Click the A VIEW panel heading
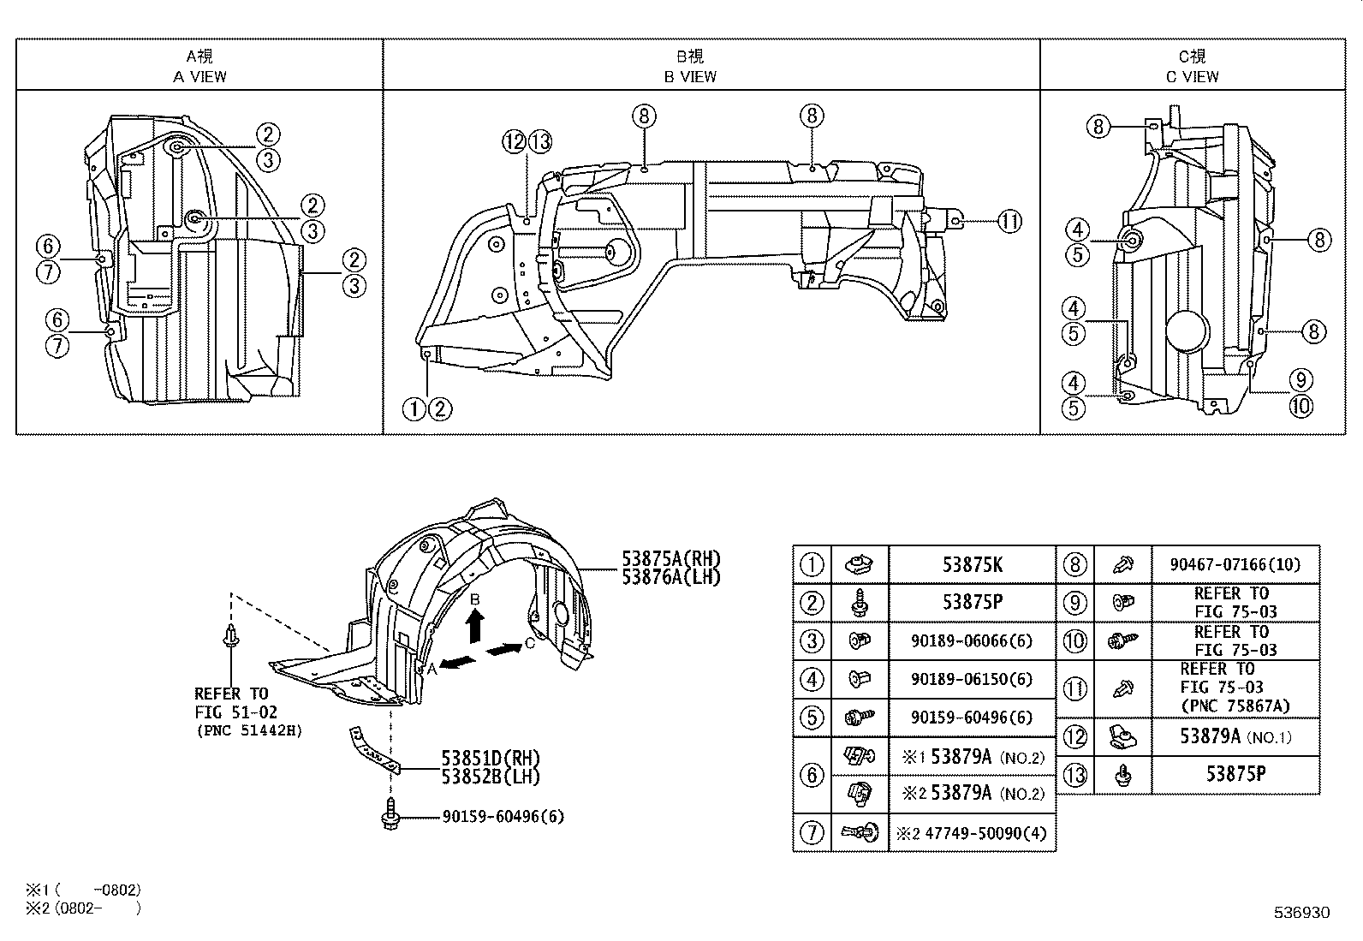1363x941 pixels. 199,67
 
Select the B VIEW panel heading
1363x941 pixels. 690,67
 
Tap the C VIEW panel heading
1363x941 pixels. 1192,67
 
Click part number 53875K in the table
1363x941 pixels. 972,564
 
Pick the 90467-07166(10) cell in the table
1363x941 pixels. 1235,564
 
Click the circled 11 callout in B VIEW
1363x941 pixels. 1009,222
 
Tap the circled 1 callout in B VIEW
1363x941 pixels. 414,409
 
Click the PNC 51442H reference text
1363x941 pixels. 249,730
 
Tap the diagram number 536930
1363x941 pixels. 1302,913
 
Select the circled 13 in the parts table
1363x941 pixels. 1074,775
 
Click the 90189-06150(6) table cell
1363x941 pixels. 972,679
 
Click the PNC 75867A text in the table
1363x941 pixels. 1235,706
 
